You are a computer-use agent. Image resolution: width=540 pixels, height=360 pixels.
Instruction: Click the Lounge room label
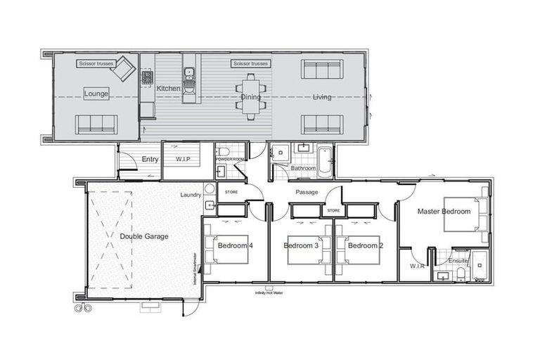tap(96, 94)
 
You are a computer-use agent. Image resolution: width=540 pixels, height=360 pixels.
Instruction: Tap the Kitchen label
tap(168, 89)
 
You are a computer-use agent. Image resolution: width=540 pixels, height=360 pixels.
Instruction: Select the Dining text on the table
tap(251, 97)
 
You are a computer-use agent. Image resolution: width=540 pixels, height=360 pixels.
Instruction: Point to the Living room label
tap(321, 97)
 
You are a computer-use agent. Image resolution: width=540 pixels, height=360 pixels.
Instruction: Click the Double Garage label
tap(143, 237)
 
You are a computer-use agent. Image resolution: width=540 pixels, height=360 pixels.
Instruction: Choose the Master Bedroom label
tap(444, 211)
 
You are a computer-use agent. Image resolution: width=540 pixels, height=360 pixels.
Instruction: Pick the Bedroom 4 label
tap(235, 246)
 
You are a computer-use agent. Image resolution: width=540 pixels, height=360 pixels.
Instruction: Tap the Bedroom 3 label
tap(301, 246)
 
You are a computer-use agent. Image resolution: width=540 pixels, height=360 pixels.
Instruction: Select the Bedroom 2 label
tap(366, 246)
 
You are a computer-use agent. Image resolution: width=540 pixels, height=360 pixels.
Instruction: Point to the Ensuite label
tap(458, 261)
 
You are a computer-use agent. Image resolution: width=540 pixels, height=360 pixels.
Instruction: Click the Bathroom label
tap(303, 169)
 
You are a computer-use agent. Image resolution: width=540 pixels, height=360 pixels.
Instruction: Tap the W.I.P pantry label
tap(184, 159)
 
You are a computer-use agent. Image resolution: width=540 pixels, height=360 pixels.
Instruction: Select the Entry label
tap(150, 160)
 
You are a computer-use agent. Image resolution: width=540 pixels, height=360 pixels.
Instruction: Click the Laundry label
tap(191, 195)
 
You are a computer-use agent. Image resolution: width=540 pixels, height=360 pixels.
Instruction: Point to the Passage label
tap(307, 192)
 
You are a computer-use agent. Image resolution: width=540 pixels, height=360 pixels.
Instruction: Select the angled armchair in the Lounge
tap(123, 69)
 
